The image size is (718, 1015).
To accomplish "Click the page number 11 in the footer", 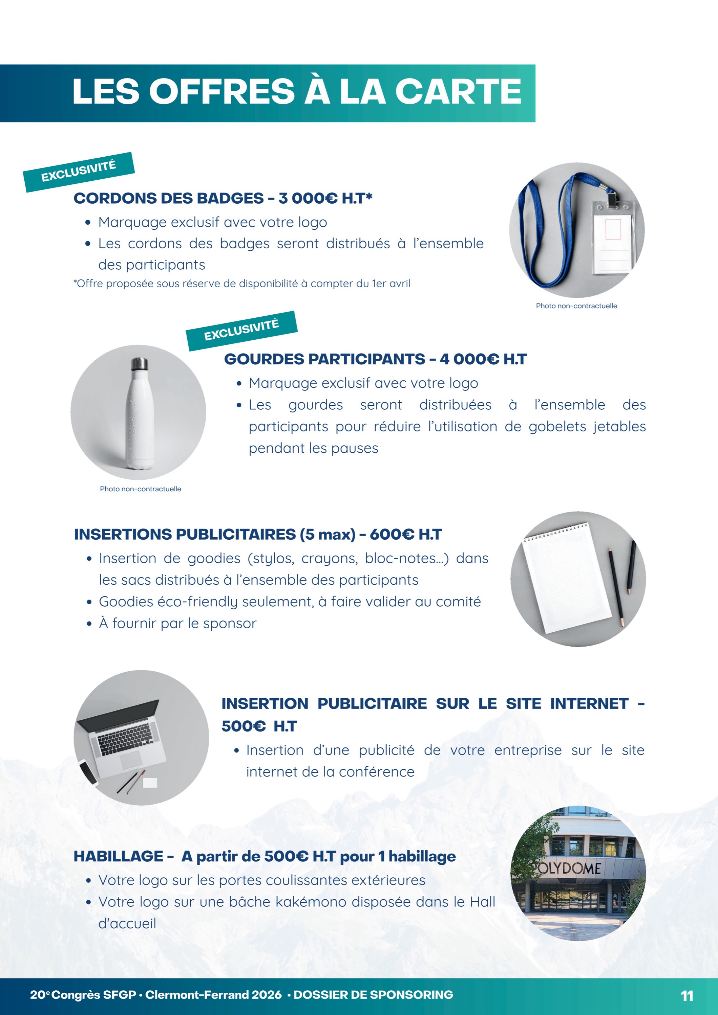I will click(687, 996).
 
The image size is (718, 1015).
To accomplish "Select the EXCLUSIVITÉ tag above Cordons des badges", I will click(79, 172).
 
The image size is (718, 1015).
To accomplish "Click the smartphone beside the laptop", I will click(88, 772).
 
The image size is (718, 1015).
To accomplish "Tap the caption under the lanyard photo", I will click(576, 306).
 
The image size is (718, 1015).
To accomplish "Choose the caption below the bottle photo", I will click(140, 489).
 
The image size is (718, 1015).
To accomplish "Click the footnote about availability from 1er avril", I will click(241, 284).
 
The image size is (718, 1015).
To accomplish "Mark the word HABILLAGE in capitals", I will click(119, 856).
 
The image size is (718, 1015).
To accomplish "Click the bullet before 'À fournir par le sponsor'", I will click(89, 624).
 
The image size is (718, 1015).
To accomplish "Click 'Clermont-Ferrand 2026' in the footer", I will click(213, 995).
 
